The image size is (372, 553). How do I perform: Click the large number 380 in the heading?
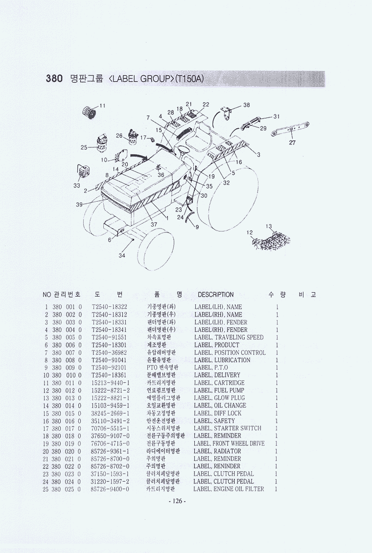point(54,78)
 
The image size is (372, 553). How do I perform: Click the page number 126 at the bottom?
point(177,501)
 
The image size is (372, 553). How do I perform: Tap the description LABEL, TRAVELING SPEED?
point(229,337)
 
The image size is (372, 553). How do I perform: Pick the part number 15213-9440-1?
point(111,383)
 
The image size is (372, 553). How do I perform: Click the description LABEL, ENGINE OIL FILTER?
point(229,489)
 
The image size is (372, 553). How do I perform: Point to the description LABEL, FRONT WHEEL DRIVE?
point(229,443)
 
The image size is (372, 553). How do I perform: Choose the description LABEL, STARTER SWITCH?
point(228,428)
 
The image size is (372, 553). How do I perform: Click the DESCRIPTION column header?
point(215,295)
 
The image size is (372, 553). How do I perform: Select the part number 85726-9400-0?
point(110,489)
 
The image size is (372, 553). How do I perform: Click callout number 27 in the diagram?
point(292,143)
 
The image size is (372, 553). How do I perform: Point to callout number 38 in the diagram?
point(247,105)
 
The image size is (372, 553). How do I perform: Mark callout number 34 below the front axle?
point(122,255)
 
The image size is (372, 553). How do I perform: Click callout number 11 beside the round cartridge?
point(102,106)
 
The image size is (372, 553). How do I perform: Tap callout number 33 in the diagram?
point(77,185)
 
